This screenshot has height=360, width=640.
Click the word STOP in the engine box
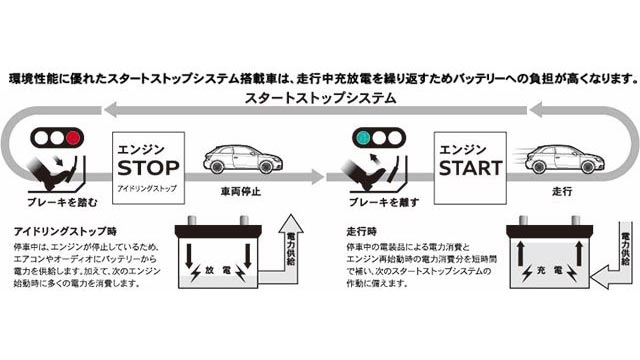149,164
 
